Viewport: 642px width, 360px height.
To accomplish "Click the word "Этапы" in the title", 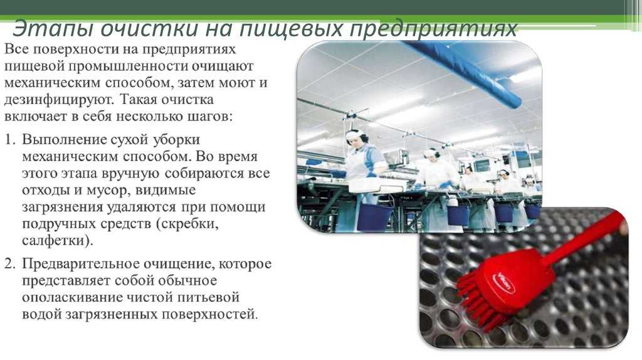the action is pos(52,29).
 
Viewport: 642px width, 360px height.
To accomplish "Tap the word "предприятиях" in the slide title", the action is pos(434,29).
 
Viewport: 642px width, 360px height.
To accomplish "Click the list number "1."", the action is pos(10,140).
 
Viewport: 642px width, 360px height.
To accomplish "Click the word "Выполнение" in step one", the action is pos(65,140).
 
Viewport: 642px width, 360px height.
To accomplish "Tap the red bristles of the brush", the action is pos(481,304).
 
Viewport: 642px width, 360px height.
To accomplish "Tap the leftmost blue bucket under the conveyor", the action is pos(375,216).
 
